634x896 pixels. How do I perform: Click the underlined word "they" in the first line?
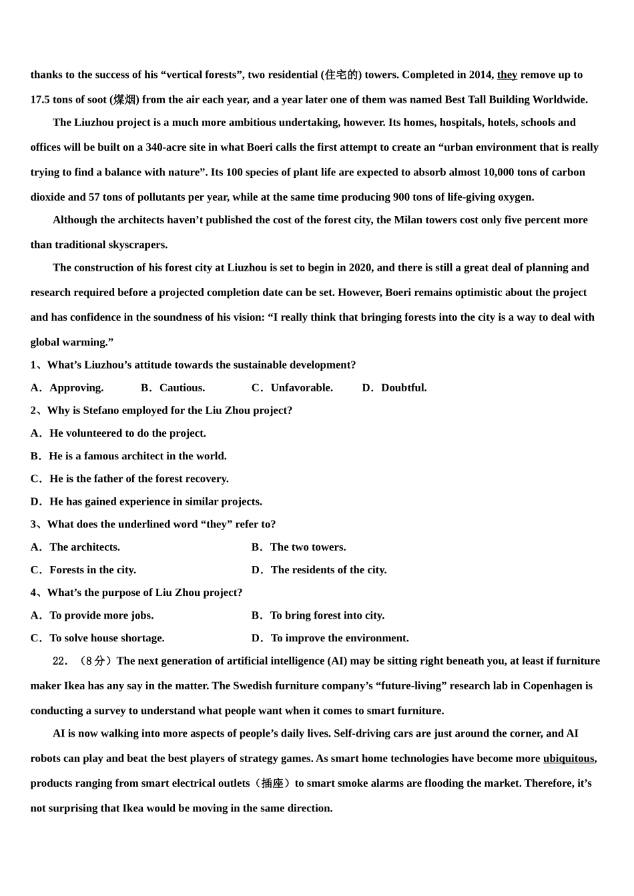click(507, 75)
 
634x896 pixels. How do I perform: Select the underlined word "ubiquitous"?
click(569, 758)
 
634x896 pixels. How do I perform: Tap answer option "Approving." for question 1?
click(76, 387)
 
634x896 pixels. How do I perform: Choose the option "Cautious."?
click(182, 387)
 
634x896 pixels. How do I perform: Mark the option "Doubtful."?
click(404, 387)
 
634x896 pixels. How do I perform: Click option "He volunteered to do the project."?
click(127, 433)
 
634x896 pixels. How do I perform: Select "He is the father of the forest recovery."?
click(139, 479)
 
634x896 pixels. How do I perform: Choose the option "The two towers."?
click(308, 547)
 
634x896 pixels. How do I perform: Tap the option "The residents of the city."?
click(328, 570)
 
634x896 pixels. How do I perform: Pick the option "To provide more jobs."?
click(101, 615)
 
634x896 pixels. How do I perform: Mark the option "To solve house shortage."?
click(107, 638)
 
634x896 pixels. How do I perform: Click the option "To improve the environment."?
click(340, 638)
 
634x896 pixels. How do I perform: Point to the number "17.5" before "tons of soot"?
click(40, 100)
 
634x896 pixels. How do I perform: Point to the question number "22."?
click(61, 661)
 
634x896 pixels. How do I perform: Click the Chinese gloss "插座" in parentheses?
click(272, 783)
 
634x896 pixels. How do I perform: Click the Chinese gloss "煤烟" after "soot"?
click(124, 100)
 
